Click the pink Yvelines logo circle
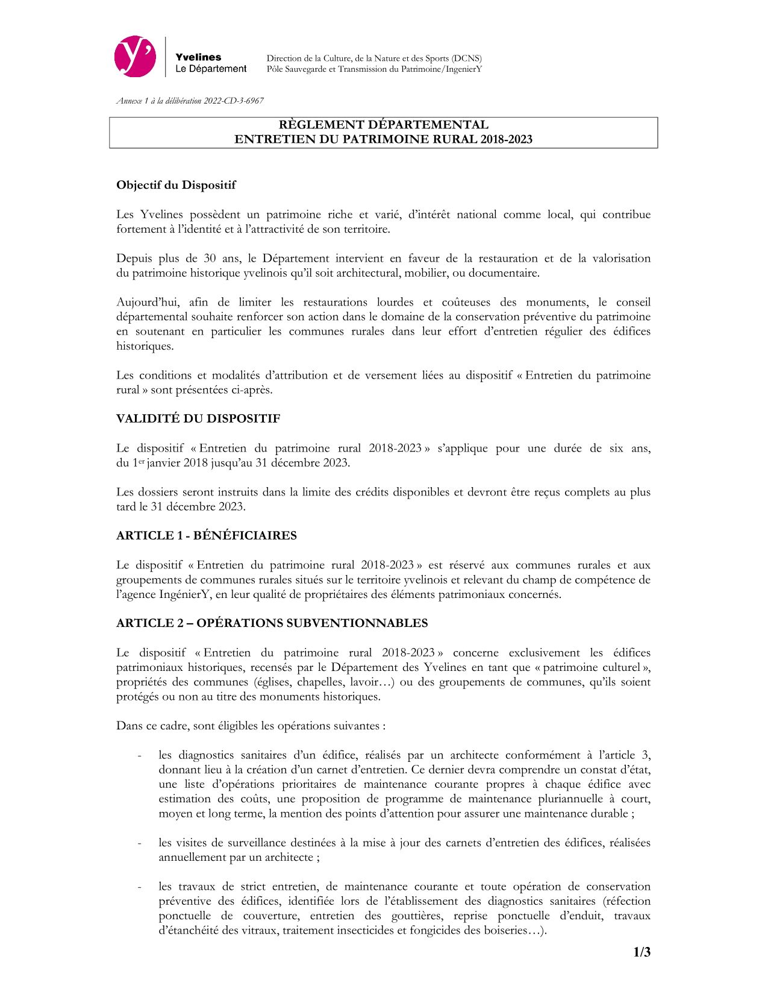tap(135, 56)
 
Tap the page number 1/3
tap(642, 953)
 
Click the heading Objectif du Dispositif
tap(176, 185)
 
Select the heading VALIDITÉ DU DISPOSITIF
tap(198, 418)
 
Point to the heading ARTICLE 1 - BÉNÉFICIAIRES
tap(207, 535)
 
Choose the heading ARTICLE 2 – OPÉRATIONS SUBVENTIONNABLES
tap(272, 623)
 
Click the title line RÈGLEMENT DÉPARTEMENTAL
tap(383, 125)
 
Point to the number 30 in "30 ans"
tap(210, 259)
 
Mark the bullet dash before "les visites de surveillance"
tap(140, 843)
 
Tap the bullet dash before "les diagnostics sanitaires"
tap(140, 756)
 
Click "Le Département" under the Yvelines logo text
tap(211, 69)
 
